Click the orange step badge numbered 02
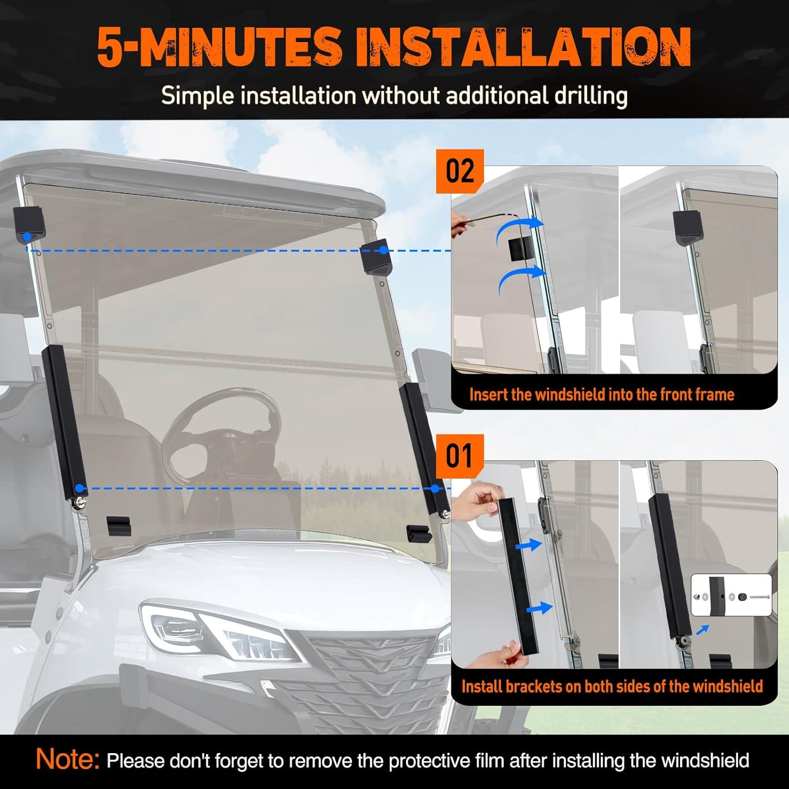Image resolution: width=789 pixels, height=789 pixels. tap(460, 171)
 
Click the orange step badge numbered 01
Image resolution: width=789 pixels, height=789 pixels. tap(460, 456)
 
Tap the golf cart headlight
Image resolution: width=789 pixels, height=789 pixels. tap(218, 631)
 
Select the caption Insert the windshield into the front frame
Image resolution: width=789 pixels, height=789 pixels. tap(602, 394)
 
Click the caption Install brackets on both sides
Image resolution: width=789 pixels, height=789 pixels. tap(612, 686)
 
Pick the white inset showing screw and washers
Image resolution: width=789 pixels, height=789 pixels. tap(731, 595)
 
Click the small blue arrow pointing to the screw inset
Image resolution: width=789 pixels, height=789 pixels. tap(702, 630)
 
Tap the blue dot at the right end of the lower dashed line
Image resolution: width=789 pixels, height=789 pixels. tap(435, 489)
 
